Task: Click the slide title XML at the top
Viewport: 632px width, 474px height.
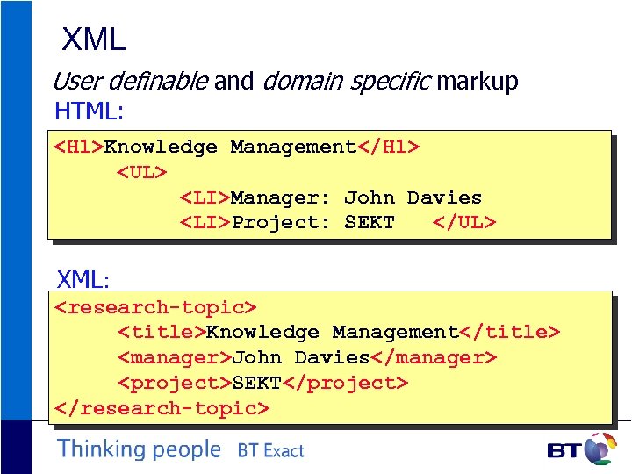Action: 94,39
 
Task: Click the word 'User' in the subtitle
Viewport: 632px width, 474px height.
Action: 73,82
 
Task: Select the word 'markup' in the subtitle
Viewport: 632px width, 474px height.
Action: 478,82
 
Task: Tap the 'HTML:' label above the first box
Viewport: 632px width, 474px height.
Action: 89,111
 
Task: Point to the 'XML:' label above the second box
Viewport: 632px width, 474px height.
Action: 83,280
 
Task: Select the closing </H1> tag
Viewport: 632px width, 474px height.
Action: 387,147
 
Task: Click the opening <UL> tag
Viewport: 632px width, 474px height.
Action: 142,173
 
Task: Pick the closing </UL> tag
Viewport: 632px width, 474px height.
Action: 464,223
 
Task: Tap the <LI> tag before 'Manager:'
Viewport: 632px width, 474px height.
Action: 205,198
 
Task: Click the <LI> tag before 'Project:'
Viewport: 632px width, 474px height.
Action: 205,223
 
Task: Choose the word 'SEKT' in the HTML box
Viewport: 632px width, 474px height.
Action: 369,223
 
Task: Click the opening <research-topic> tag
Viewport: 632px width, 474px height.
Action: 155,307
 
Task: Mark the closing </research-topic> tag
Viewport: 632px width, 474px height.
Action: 162,408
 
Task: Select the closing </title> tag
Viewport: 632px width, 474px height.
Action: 509,333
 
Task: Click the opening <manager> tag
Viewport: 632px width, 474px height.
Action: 174,358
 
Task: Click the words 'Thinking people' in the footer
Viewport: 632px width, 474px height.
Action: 139,449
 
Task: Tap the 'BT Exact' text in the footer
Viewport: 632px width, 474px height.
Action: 270,451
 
